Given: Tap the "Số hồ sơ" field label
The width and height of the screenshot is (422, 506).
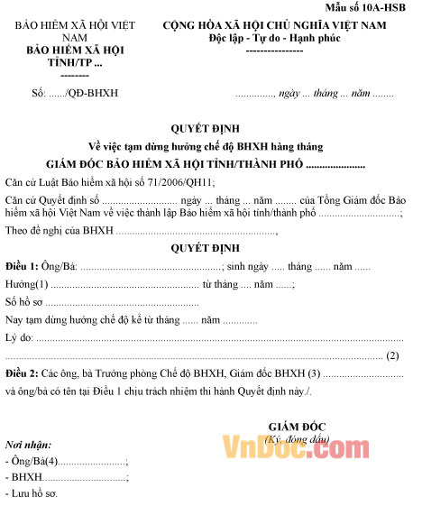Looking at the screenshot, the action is [23, 302].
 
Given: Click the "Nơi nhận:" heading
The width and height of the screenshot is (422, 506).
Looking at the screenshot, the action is [28, 446].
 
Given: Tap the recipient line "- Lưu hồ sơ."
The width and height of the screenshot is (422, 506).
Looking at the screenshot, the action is [33, 493].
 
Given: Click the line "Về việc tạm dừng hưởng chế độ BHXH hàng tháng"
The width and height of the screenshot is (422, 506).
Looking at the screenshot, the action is [205, 146].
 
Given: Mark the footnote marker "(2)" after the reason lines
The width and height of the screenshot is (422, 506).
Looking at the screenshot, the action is [392, 355].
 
